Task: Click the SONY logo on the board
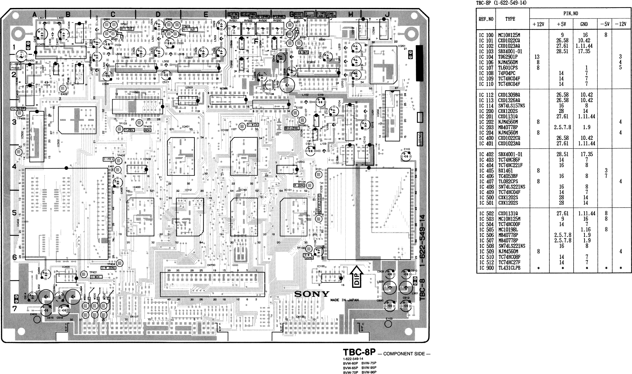pos(311,294)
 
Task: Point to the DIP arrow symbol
pos(357,276)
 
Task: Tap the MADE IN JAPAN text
pos(344,300)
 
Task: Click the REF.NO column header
pos(486,19)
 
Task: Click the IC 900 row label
pos(486,268)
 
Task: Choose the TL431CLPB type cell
pos(509,268)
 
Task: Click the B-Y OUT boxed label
pos(127,28)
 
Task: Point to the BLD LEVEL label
pos(292,128)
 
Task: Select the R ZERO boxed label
pos(299,186)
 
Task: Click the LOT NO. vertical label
pos(420,139)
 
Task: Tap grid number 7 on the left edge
pos(14,308)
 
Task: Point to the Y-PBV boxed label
pos(129,130)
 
